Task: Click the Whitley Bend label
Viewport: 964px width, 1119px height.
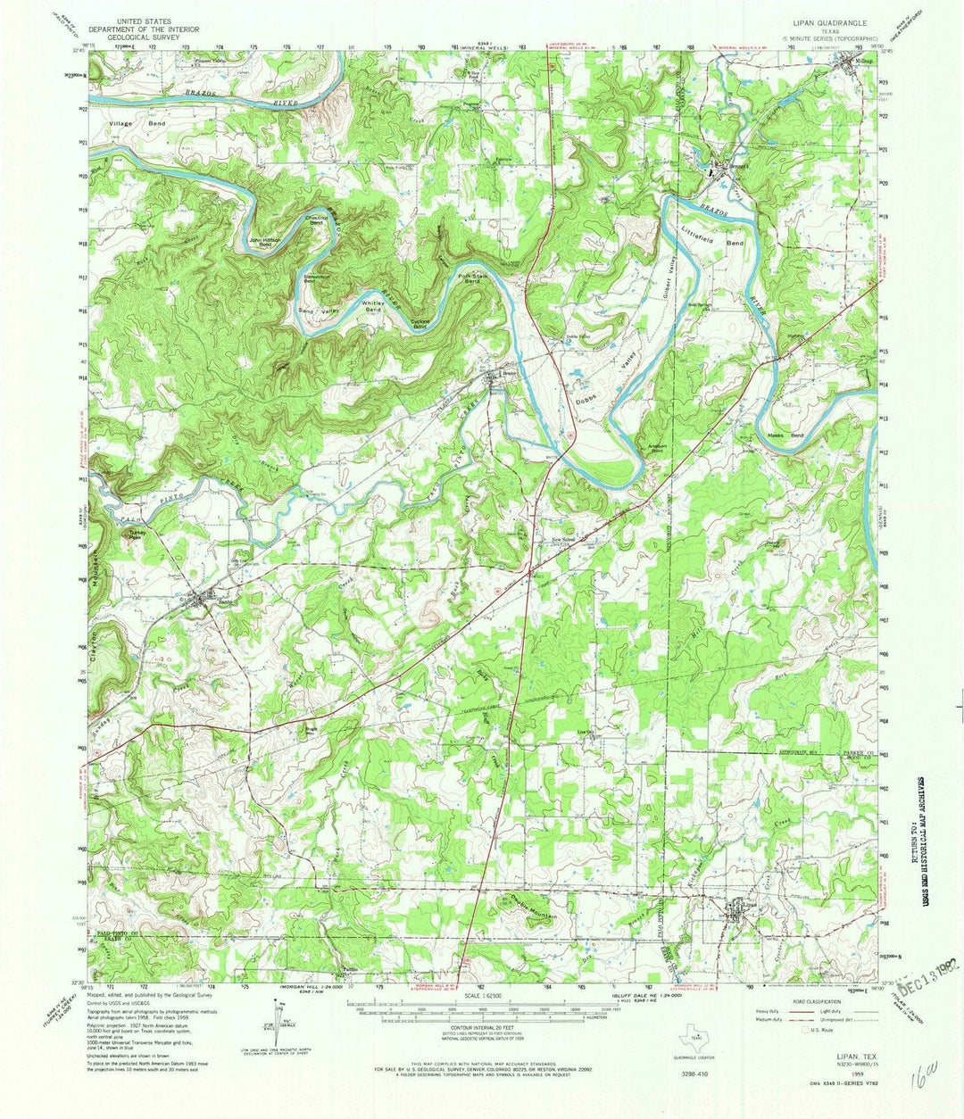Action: [373, 306]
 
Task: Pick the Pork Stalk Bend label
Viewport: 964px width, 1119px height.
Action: [470, 279]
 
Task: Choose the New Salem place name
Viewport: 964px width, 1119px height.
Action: [561, 540]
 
